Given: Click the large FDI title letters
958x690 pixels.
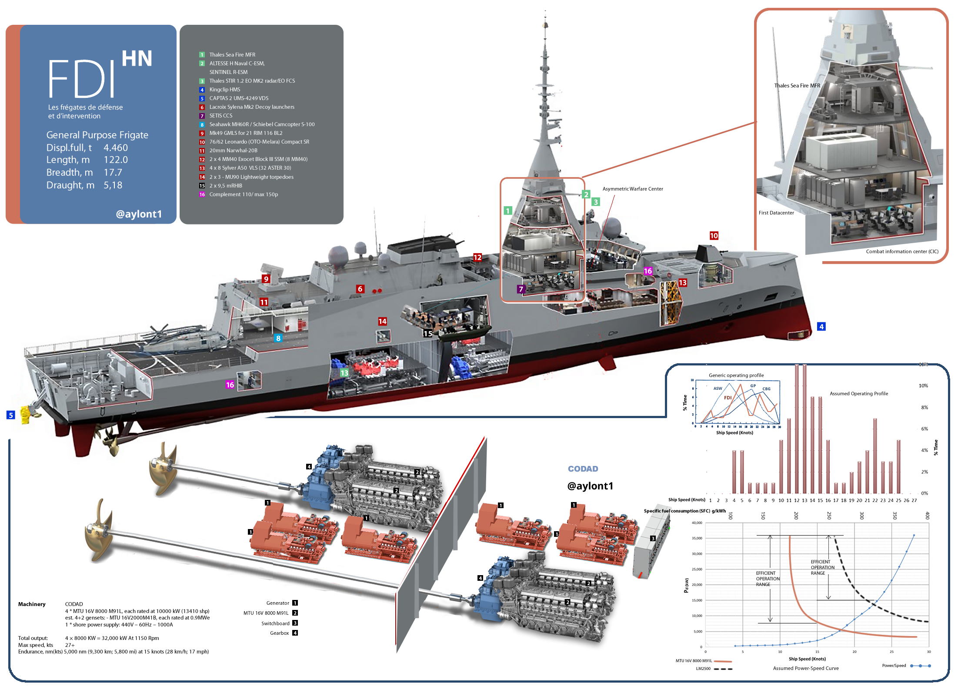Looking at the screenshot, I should click(x=82, y=79).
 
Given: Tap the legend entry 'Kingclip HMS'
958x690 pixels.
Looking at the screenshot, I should click(x=224, y=90).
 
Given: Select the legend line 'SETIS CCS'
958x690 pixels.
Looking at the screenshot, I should click(x=220, y=116).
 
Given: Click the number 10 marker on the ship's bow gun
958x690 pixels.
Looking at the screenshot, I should click(x=714, y=236).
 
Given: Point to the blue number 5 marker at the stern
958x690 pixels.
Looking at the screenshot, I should click(x=11, y=415).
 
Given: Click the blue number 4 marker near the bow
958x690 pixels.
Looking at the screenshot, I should click(x=821, y=326).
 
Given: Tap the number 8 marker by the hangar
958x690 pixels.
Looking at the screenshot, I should click(x=278, y=338).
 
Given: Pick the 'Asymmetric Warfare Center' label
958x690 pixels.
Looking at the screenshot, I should click(x=632, y=189).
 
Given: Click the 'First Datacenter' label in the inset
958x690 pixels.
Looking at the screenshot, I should click(x=776, y=213).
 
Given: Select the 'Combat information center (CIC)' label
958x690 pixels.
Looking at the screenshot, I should click(x=902, y=251).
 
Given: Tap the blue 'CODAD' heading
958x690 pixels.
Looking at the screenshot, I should click(x=583, y=469).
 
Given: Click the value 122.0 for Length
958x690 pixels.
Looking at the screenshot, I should click(x=116, y=160).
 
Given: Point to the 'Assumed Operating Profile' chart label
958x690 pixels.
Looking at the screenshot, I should click(x=858, y=394).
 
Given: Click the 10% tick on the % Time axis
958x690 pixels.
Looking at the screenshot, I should click(x=923, y=386).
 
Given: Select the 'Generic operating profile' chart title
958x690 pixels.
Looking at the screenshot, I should click(x=736, y=375).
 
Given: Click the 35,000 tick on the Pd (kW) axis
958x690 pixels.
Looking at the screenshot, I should click(x=697, y=538).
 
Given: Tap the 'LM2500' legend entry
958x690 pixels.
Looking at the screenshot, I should click(x=703, y=669).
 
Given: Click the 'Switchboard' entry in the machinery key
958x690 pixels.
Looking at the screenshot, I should click(x=275, y=623).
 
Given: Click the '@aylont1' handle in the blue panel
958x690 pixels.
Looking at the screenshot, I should click(x=139, y=214).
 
